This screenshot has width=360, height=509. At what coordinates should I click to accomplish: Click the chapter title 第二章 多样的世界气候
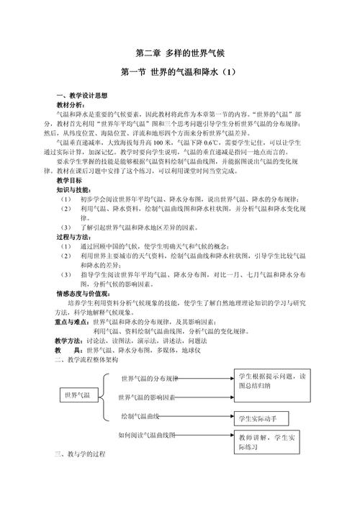[180, 53]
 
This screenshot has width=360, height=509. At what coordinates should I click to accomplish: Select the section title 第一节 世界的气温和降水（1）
[180, 73]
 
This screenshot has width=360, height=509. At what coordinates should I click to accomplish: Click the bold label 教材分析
[71, 105]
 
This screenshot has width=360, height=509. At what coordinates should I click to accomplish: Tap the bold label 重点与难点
[73, 322]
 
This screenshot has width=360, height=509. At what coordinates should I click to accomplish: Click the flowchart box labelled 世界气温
[77, 395]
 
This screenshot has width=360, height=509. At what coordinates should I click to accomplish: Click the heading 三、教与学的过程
[80, 455]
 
